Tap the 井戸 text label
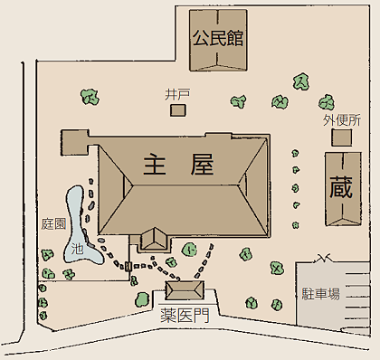(x=176, y=93)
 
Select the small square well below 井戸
(x=177, y=109)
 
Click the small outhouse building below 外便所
(x=341, y=137)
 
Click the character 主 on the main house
(x=155, y=165)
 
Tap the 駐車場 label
(x=321, y=293)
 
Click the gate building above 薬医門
(x=185, y=289)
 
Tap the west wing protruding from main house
(x=75, y=142)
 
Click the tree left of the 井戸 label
(x=89, y=94)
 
